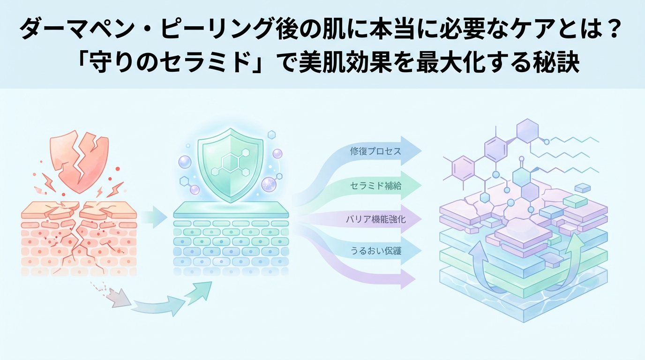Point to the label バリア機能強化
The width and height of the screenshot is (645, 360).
(x=375, y=219)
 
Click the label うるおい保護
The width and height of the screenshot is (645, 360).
(x=375, y=251)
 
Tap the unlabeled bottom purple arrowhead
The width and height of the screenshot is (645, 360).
(x=408, y=280)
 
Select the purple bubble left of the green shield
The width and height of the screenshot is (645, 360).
(x=185, y=162)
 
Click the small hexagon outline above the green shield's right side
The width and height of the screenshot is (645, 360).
(x=271, y=135)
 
